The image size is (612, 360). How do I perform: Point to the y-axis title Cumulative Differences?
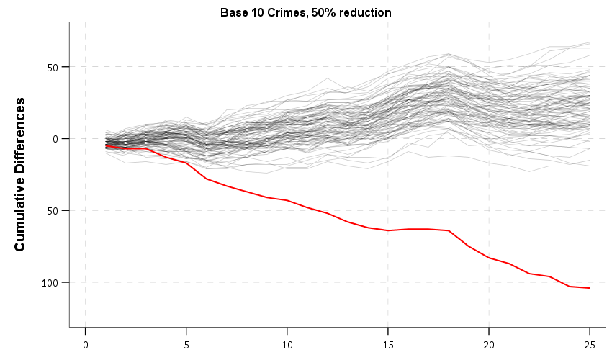[20, 174]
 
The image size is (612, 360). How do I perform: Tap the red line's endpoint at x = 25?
[590, 288]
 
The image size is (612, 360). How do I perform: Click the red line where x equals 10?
[287, 200]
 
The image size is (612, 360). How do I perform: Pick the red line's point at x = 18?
[449, 230]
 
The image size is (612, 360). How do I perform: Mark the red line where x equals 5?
[186, 163]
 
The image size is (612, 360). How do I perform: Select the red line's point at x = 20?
[489, 258]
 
